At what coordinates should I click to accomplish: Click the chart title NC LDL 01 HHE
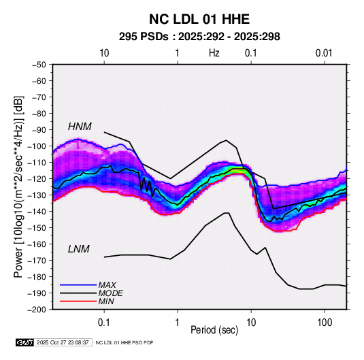[199, 19]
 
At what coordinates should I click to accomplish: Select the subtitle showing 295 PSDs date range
[199, 37]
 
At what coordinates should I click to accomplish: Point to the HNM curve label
[80, 127]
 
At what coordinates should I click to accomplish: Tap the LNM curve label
[79, 249]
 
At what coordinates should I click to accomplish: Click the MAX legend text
[107, 285]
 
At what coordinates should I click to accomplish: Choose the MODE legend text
[110, 293]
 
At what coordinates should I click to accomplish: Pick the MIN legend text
[106, 301]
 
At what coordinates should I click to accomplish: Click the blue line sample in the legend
[78, 285]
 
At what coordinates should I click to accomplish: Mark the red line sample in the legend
[78, 301]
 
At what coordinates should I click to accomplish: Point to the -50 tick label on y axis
[39, 65]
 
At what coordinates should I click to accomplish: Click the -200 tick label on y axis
[37, 310]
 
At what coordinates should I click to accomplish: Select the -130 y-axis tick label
[37, 195]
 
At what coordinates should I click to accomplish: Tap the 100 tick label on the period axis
[325, 323]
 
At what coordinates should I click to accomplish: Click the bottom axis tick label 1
[177, 323]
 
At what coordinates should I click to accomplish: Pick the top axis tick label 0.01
[324, 53]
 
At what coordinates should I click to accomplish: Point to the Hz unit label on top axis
[214, 53]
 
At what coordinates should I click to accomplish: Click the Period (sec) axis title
[214, 330]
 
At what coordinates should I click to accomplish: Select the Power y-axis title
[18, 186]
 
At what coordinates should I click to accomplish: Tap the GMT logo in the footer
[25, 342]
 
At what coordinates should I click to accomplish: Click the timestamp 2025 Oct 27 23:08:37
[63, 342]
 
